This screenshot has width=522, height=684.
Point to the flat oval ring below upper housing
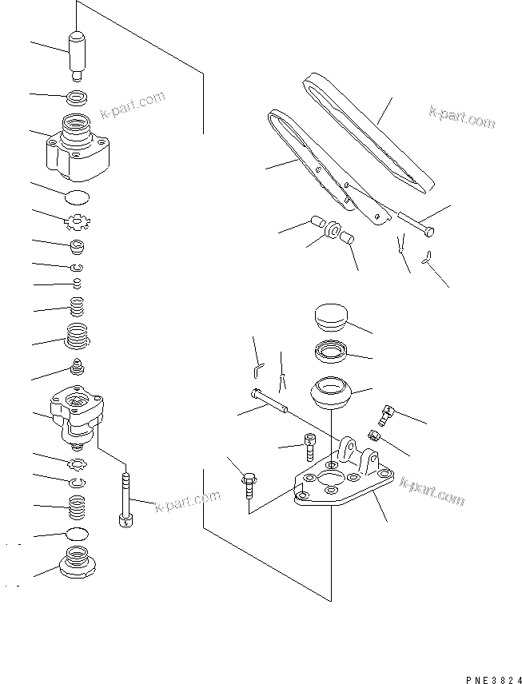[78, 197]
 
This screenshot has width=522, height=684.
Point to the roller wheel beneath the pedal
[331, 233]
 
